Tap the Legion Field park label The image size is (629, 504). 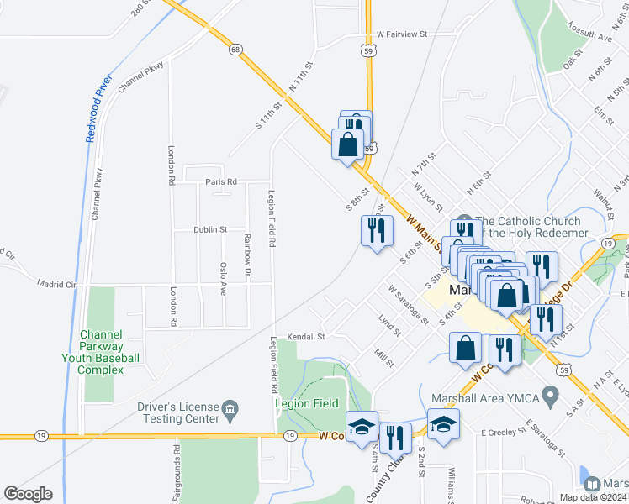(307, 403)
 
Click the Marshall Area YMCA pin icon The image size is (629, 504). (550, 394)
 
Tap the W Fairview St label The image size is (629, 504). (402, 34)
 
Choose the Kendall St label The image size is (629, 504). (306, 336)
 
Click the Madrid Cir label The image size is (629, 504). (56, 285)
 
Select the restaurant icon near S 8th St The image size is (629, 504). (377, 230)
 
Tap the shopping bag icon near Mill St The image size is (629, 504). (466, 347)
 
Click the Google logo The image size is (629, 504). (28, 494)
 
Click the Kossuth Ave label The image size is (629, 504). (595, 37)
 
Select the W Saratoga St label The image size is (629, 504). (409, 304)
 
